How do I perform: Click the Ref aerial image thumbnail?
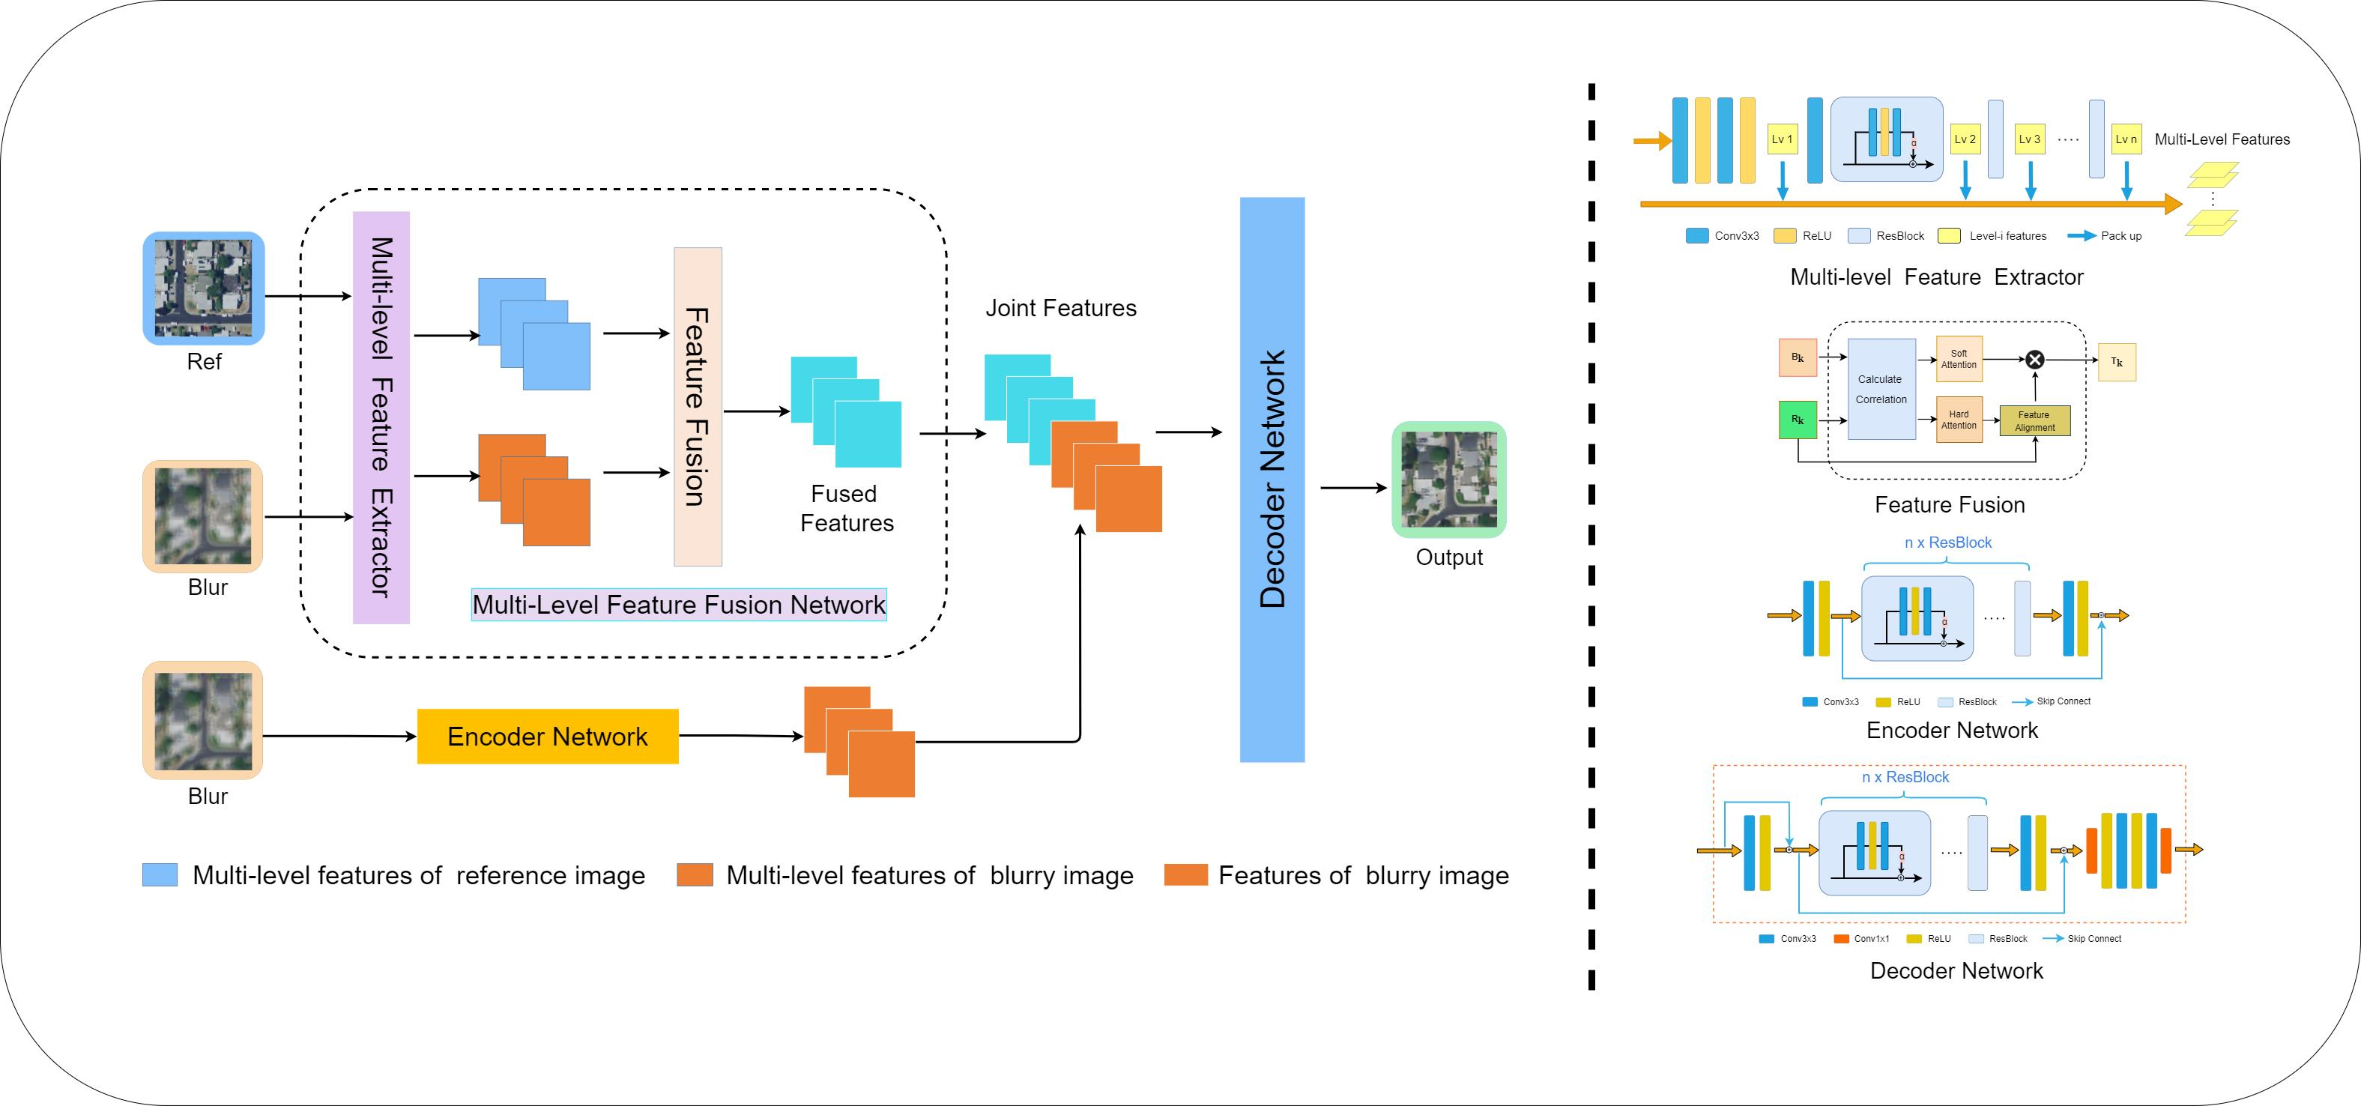(204, 288)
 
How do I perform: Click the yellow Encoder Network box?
(547, 736)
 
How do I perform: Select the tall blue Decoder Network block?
(1272, 480)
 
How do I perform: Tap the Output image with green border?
(1448, 480)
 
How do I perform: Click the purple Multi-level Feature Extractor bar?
(381, 417)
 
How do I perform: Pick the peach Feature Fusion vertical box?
(698, 407)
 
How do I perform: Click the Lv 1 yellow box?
(1782, 139)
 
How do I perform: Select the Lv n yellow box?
(2126, 139)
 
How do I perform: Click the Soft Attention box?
(1958, 359)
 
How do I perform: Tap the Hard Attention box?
(1958, 420)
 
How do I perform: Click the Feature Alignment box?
(2034, 420)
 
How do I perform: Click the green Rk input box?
(1798, 420)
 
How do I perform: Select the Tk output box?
(2116, 362)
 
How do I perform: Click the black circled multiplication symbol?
(2034, 359)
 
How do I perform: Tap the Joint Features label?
(1060, 308)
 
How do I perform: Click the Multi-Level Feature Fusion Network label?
(678, 605)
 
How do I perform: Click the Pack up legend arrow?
(2082, 235)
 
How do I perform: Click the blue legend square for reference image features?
(160, 874)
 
